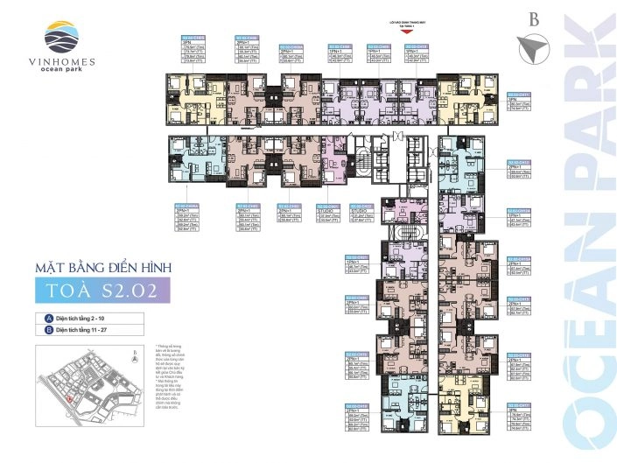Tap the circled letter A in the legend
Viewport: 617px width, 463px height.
point(40,317)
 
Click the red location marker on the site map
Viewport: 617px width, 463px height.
point(69,398)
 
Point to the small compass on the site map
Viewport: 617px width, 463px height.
point(133,356)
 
